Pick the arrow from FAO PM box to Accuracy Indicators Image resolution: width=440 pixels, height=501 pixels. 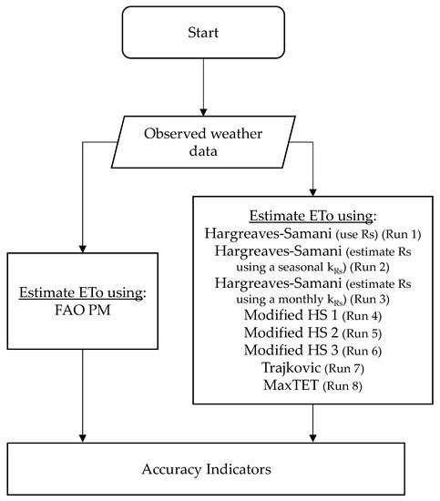[84, 401]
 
